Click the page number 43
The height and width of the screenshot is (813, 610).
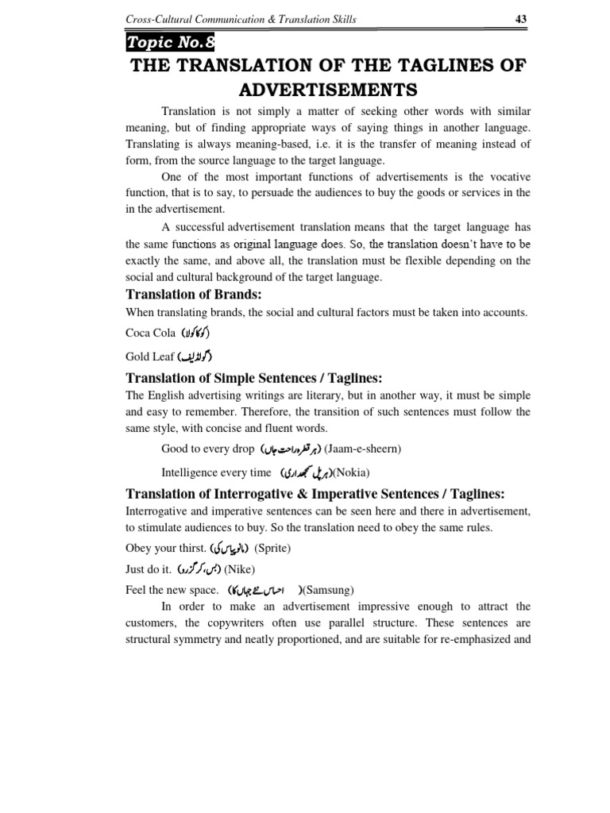[x=521, y=19]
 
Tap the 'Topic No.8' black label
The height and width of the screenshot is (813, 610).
[x=169, y=43]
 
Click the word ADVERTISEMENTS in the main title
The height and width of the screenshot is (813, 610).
[x=328, y=88]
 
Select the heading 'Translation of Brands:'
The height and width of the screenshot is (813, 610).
[x=183, y=295]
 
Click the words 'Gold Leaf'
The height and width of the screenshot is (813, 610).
[x=150, y=356]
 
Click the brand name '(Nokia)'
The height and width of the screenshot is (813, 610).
[x=350, y=472]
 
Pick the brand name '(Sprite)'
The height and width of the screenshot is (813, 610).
[x=272, y=548]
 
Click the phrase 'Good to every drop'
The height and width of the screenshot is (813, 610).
[x=207, y=449]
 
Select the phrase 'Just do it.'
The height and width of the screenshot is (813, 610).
[x=149, y=569]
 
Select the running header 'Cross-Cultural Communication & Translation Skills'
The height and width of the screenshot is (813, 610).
[x=241, y=19]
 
